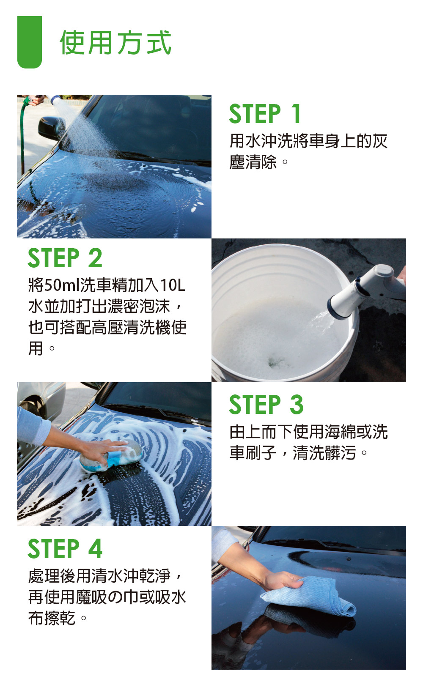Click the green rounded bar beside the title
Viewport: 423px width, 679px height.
[x=30, y=42]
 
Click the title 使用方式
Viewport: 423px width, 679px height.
[x=115, y=43]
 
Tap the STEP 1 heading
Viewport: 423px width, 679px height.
[x=265, y=114]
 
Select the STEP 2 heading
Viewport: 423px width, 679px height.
[x=65, y=258]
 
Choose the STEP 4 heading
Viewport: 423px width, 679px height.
[x=65, y=548]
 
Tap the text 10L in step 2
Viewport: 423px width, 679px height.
[x=173, y=285]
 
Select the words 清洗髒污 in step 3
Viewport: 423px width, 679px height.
[x=324, y=453]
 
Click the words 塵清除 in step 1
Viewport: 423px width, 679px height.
[x=253, y=162]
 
